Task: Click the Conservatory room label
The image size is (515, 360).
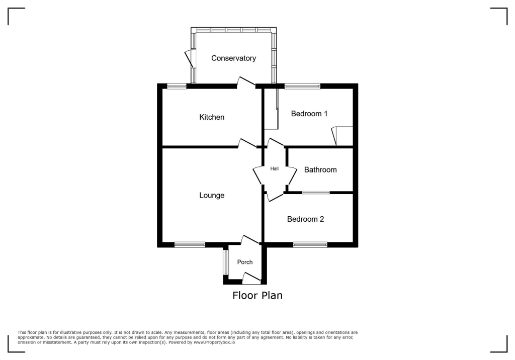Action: (x=233, y=58)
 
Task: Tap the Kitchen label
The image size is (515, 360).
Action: (x=212, y=117)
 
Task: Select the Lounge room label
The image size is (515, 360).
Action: (x=212, y=195)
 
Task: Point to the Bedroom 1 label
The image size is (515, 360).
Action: (x=309, y=114)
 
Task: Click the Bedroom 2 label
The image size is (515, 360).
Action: (x=305, y=219)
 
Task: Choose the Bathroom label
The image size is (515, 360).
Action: (x=320, y=170)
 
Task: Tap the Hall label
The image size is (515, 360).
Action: (x=274, y=169)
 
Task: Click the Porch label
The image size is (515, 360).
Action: (x=245, y=262)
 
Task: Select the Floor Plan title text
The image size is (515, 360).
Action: (x=257, y=296)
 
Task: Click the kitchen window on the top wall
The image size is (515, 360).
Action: (x=177, y=86)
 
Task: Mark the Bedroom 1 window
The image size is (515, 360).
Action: (x=302, y=86)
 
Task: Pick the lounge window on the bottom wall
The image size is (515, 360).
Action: (x=190, y=245)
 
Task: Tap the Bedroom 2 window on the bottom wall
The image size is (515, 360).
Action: (x=310, y=245)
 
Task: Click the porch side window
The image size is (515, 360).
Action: (x=225, y=262)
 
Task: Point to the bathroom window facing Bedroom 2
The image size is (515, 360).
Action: (x=316, y=193)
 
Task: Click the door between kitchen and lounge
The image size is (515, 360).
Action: (x=247, y=143)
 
